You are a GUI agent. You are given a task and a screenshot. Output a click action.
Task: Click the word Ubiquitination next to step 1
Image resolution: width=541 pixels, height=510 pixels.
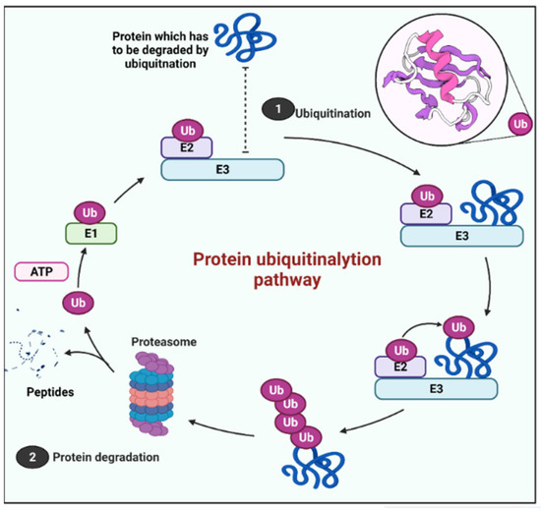click(332, 112)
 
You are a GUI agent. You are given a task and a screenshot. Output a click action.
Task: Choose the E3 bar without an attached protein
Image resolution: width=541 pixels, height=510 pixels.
click(224, 169)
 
